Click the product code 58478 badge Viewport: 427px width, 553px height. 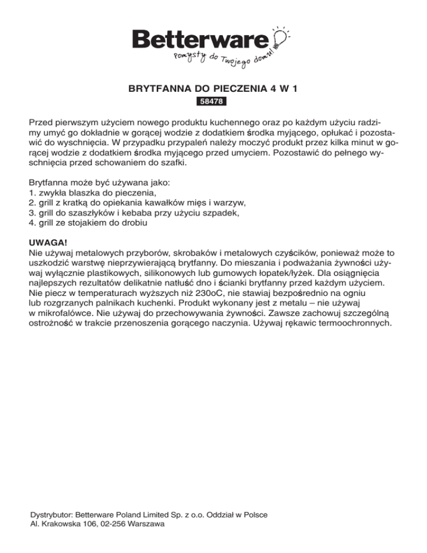pyautogui.click(x=212, y=102)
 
